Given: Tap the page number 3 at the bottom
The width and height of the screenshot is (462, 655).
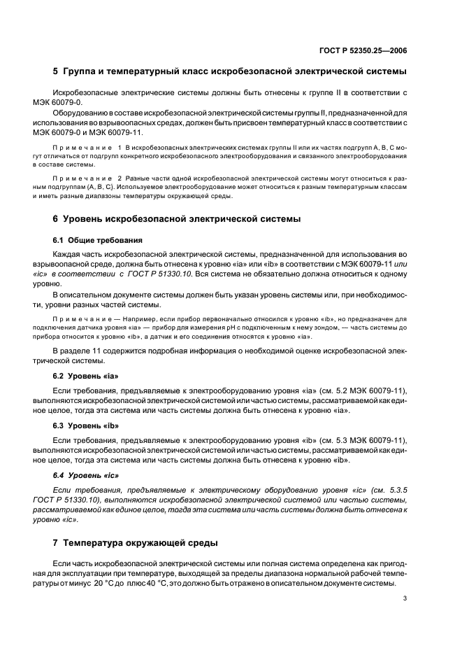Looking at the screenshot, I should (x=405, y=598).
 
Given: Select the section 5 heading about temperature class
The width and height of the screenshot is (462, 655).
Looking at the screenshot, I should (x=230, y=72).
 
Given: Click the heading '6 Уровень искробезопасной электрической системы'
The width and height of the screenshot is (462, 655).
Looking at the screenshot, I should (x=177, y=219).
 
